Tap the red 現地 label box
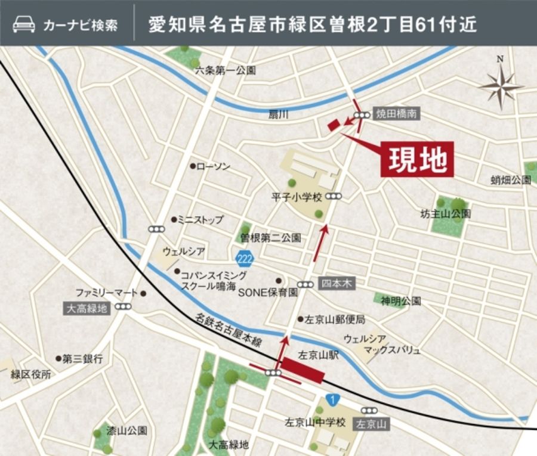(417, 160)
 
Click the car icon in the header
(23, 25)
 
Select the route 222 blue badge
(243, 259)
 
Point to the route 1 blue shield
(330, 399)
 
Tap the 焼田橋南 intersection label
(396, 113)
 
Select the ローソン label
(213, 166)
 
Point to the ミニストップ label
(200, 219)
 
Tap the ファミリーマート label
(106, 293)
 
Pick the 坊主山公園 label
(445, 213)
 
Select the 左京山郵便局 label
(335, 319)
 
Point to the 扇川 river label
(279, 114)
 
